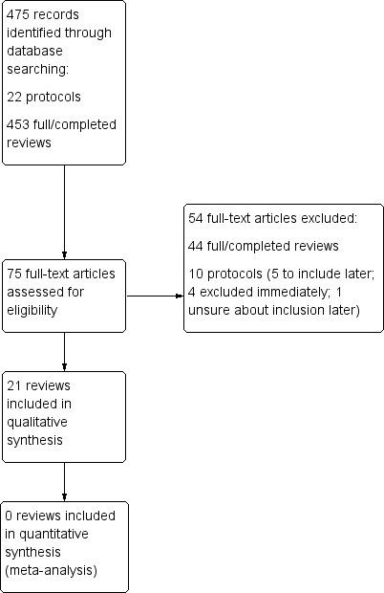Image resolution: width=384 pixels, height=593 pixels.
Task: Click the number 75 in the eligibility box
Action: pyautogui.click(x=15, y=274)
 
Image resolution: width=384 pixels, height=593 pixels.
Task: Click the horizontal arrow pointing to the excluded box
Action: pyautogui.click(x=154, y=296)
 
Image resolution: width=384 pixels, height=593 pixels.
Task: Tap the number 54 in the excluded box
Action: pyautogui.click(x=197, y=218)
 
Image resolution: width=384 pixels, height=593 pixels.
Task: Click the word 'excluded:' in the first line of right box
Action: pyautogui.click(x=329, y=218)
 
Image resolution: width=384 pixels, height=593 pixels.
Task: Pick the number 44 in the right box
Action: pyautogui.click(x=197, y=246)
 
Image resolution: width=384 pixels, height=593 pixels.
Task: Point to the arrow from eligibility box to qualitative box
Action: pyautogui.click(x=64, y=351)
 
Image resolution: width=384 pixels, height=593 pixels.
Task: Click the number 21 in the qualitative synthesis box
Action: pyautogui.click(x=15, y=385)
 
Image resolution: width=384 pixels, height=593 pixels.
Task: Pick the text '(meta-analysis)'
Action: pyautogui.click(x=52, y=570)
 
